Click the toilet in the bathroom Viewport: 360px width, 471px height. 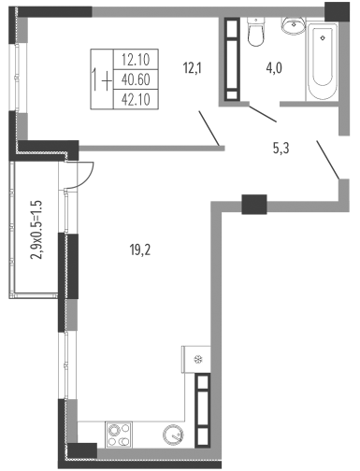click(x=256, y=32)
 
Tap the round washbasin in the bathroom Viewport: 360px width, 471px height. click(x=294, y=24)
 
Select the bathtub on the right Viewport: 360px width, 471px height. click(x=323, y=62)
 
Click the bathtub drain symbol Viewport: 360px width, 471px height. click(x=323, y=38)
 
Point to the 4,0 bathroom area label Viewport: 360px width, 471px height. click(x=274, y=68)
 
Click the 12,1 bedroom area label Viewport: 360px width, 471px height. click(x=193, y=67)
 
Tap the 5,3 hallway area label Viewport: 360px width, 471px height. click(x=281, y=149)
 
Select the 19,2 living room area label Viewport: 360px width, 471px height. click(x=140, y=250)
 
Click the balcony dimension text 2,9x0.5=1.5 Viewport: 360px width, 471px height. click(x=36, y=230)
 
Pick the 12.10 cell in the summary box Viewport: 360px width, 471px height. click(x=136, y=59)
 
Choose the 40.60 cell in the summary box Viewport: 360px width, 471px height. click(x=136, y=79)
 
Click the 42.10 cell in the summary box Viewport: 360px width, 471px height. click(x=136, y=100)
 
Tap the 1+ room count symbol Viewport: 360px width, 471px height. click(x=102, y=80)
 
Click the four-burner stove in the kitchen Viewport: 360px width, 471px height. click(x=119, y=435)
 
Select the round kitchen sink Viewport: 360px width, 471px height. click(x=173, y=434)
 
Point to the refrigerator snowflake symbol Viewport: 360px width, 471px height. click(x=198, y=360)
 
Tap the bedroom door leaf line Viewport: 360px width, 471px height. click(x=209, y=128)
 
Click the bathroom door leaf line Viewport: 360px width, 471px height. click(x=263, y=113)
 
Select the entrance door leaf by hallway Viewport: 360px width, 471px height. click(x=328, y=160)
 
